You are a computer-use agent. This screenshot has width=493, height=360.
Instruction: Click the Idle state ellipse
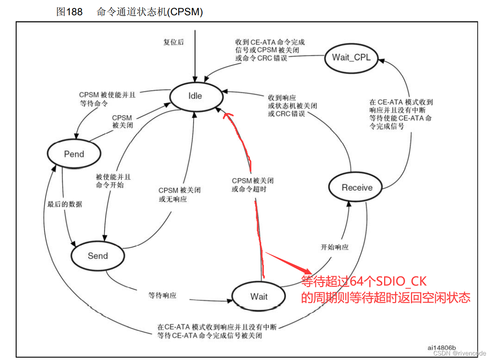(x=195, y=96)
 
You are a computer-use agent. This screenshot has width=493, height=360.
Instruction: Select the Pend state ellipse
(x=74, y=154)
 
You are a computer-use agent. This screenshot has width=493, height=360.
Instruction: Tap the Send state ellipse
(x=98, y=256)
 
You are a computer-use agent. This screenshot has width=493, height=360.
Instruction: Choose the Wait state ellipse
(x=259, y=296)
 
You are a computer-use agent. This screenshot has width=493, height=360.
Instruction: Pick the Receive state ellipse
(x=357, y=187)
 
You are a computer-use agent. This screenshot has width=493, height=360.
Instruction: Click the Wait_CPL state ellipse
(x=351, y=57)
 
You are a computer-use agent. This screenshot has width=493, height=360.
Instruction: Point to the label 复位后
(x=173, y=42)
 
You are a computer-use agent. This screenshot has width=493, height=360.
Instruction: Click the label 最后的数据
(x=65, y=204)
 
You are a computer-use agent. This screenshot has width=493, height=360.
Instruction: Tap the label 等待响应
(x=162, y=295)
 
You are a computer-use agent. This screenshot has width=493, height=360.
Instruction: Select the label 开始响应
(x=335, y=247)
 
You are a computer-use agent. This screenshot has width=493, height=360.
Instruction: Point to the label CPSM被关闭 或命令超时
(x=252, y=185)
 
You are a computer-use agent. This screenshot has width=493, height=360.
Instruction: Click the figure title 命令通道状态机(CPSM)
(x=150, y=12)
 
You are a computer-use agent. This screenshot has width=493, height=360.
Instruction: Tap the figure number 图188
(x=69, y=12)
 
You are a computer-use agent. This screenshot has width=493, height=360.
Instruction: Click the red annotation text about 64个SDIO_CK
(x=385, y=290)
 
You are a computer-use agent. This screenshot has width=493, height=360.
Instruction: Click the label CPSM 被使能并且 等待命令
(x=107, y=99)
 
